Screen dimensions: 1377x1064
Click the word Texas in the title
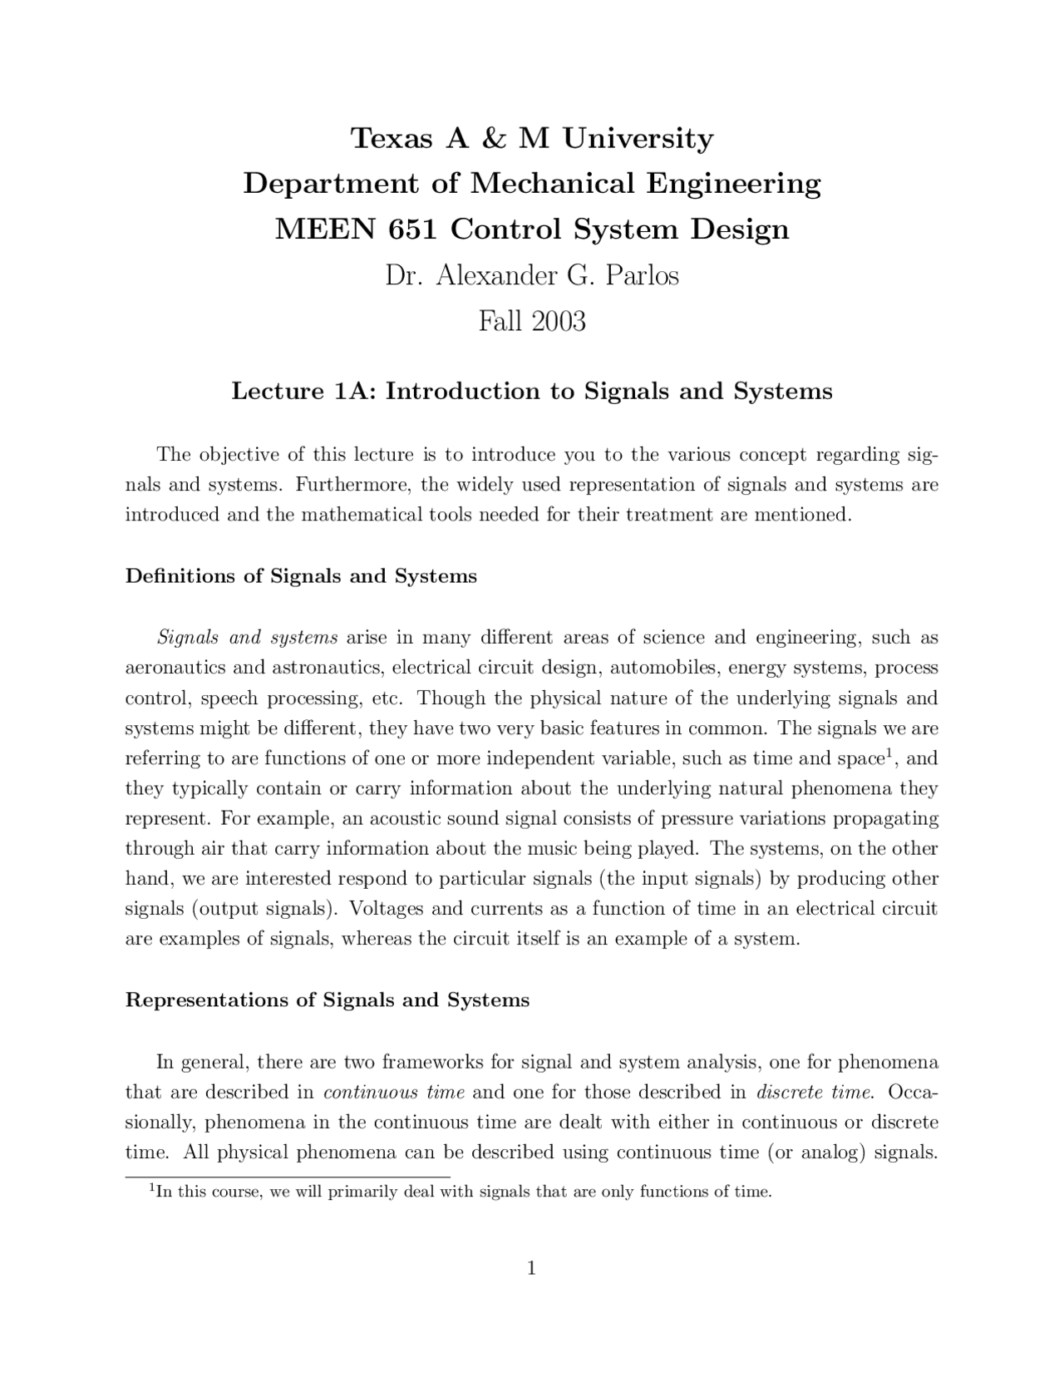click(x=391, y=138)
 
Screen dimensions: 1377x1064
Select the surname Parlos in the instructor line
click(x=642, y=275)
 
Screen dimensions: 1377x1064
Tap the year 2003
click(x=559, y=321)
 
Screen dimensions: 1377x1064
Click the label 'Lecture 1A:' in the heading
click(x=304, y=391)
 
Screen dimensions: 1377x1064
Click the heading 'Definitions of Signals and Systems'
click(x=301, y=576)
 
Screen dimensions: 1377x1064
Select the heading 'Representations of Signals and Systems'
click(x=327, y=999)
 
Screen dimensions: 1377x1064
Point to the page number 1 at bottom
click(x=531, y=1268)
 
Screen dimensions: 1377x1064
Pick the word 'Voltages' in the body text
click(x=387, y=908)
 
